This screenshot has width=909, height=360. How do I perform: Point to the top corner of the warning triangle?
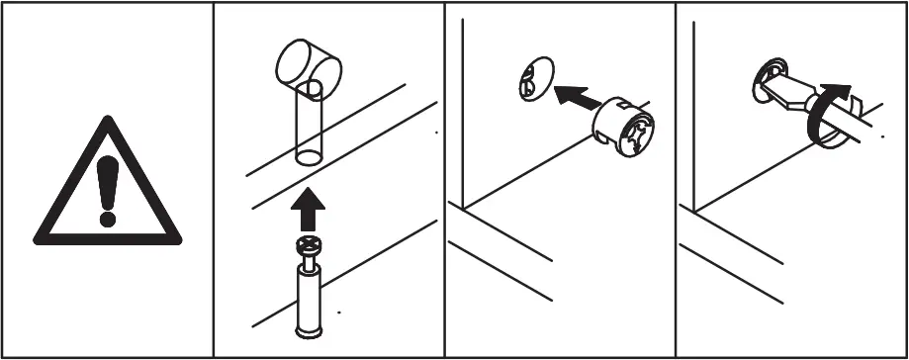click(x=106, y=119)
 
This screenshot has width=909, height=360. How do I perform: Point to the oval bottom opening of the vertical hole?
click(x=311, y=156)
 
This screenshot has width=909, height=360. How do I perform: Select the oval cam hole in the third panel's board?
click(x=530, y=80)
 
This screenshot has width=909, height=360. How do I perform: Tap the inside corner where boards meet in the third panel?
click(x=465, y=209)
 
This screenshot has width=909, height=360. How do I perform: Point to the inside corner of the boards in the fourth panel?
click(x=695, y=211)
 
